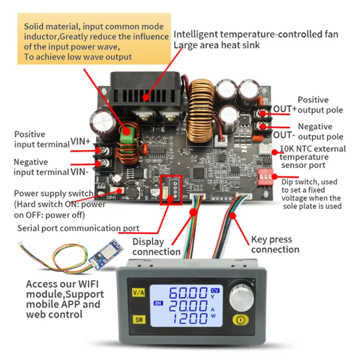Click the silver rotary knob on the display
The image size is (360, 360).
click(x=240, y=297)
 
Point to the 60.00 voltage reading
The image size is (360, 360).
click(x=188, y=294)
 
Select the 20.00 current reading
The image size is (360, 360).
click(x=188, y=308)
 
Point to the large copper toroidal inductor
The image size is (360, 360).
click(x=198, y=110)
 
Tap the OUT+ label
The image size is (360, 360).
click(x=285, y=109)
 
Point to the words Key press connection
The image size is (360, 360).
click(x=274, y=244)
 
